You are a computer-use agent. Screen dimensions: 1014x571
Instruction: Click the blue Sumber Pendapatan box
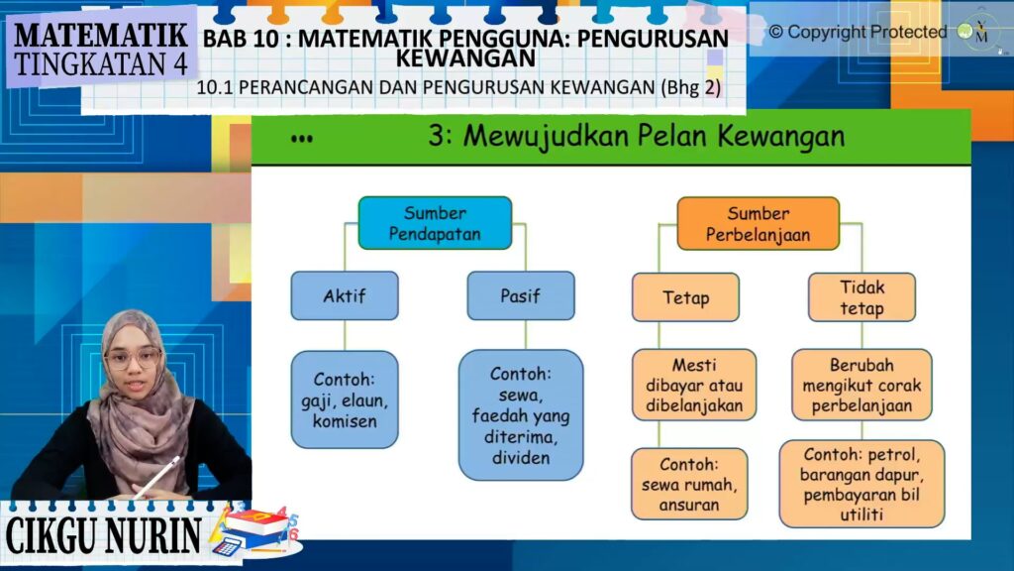435,223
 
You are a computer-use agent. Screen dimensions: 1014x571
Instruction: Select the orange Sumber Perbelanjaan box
758,224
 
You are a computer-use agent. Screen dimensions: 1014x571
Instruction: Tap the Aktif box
345,295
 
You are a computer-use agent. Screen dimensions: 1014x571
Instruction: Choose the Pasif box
521,295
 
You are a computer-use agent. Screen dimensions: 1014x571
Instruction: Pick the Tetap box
685,297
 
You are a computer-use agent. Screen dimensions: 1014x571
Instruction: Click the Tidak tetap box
862,297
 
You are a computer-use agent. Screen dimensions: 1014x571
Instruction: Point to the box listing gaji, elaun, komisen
345,400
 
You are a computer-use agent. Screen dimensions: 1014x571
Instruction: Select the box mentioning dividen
521,415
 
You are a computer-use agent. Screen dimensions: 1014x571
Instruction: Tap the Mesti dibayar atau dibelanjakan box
694,386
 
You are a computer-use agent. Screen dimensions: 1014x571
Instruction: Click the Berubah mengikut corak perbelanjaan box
862,386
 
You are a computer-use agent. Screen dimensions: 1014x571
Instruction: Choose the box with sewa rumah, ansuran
689,484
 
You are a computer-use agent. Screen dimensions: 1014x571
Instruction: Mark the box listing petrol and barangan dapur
862,484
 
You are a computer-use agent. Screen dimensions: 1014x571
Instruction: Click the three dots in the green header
302,139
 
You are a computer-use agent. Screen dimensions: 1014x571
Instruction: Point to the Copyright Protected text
858,32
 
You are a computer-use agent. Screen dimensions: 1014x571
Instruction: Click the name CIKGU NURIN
103,536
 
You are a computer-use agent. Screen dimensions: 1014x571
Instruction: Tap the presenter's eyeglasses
133,358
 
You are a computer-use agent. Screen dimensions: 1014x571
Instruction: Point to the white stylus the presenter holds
157,477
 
